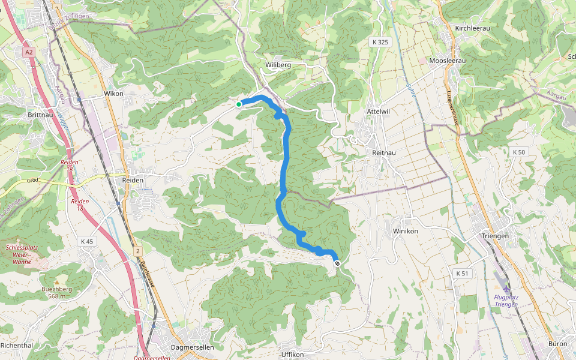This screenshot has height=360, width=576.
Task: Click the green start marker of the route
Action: pyautogui.click(x=238, y=104)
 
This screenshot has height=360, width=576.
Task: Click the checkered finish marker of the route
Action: pyautogui.click(x=337, y=263)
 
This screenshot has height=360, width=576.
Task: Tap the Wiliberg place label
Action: pyautogui.click(x=278, y=64)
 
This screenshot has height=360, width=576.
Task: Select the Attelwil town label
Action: pyautogui.click(x=378, y=112)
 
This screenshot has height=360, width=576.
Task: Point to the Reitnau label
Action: pyautogui.click(x=383, y=154)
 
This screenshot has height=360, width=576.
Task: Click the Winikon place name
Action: pyautogui.click(x=405, y=231)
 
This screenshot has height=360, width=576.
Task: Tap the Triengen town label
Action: pyautogui.click(x=495, y=236)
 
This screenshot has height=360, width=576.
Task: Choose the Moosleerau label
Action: pyautogui.click(x=448, y=61)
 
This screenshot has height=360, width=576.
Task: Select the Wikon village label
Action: pyautogui.click(x=113, y=94)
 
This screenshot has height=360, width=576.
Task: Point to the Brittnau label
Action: pyautogui.click(x=41, y=113)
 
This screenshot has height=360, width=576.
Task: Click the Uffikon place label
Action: pyautogui.click(x=292, y=355)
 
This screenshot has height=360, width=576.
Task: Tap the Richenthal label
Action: pyautogui.click(x=17, y=346)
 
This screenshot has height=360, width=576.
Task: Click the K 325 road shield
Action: pyautogui.click(x=380, y=42)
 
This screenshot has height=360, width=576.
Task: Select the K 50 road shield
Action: pyautogui.click(x=518, y=152)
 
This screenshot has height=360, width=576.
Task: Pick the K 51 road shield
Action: pyautogui.click(x=461, y=274)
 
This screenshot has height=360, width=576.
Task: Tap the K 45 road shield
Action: pyautogui.click(x=87, y=241)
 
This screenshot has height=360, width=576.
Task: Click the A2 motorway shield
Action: pyautogui.click(x=29, y=53)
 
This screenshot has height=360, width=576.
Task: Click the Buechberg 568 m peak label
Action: pyautogui.click(x=57, y=292)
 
